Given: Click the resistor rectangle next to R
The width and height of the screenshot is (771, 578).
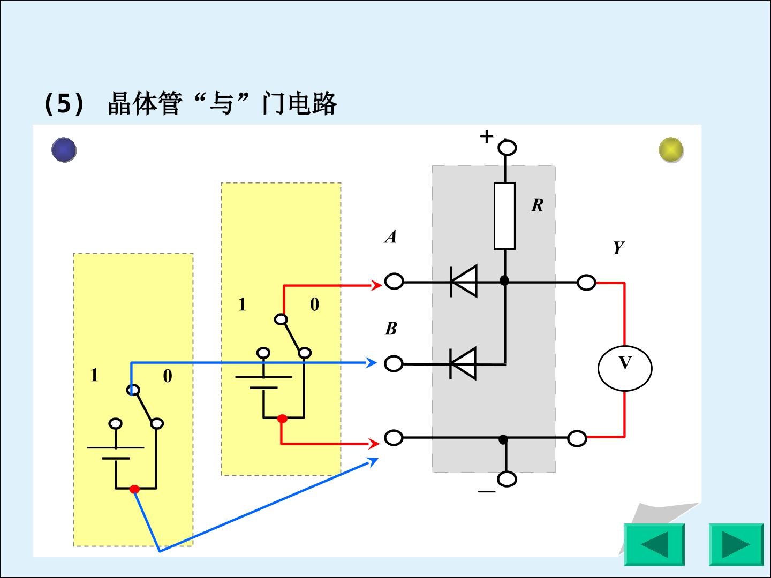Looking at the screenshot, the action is (x=504, y=216).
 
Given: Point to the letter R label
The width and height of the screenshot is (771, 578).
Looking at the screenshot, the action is (x=538, y=205).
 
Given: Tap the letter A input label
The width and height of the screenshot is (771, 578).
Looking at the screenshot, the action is (x=391, y=236).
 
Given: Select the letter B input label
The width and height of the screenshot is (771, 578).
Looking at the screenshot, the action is (x=391, y=329).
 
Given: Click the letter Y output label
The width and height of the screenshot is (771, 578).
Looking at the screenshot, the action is (x=618, y=248).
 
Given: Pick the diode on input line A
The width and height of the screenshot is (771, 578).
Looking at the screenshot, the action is (x=464, y=282).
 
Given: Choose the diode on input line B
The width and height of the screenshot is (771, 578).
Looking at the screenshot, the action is (x=463, y=363).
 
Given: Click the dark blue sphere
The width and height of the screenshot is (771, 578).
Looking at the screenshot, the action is (x=64, y=150).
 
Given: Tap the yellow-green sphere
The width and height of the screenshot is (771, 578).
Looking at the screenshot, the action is (x=671, y=150).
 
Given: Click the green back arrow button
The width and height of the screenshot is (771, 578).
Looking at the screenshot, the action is (x=654, y=545).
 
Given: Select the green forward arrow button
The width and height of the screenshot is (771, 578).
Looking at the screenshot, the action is (x=736, y=545).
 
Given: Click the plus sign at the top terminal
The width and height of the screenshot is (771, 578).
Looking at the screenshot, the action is (x=487, y=136).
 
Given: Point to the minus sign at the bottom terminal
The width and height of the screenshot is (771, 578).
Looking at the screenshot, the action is (x=487, y=491).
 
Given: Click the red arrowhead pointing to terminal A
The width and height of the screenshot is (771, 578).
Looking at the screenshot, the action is (x=376, y=285).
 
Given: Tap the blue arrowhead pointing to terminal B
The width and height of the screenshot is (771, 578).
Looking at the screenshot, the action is (x=372, y=362).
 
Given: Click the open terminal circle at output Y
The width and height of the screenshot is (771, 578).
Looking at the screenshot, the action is (x=586, y=282).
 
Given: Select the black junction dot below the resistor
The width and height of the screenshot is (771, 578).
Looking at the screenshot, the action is (x=504, y=280).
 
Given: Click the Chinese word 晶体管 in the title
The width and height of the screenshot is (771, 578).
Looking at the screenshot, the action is (x=145, y=103).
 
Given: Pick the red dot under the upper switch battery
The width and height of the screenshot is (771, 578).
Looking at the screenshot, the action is (x=282, y=419).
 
